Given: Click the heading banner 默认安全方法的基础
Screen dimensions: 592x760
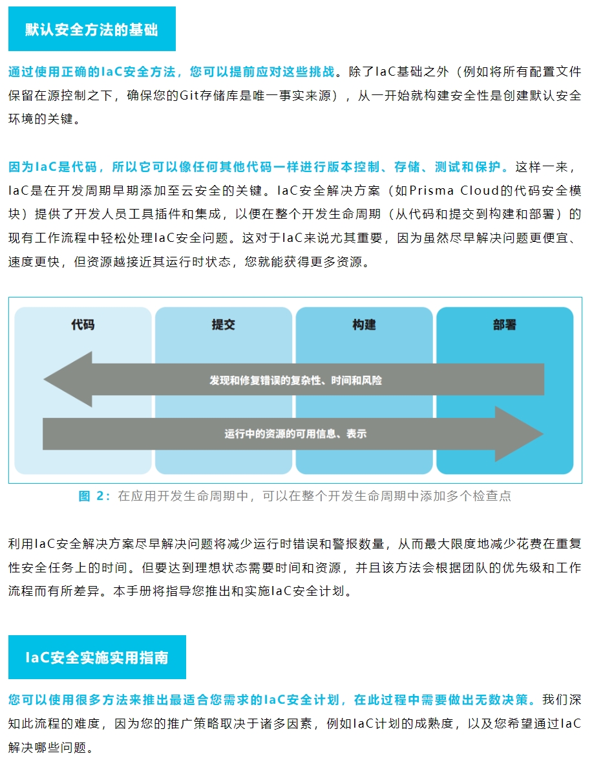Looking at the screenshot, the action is [x=92, y=29].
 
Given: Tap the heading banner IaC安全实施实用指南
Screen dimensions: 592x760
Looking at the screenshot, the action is [x=97, y=657].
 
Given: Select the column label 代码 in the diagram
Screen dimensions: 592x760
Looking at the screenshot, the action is [x=83, y=325].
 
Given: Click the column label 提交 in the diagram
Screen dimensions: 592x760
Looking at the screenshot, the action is [x=224, y=325].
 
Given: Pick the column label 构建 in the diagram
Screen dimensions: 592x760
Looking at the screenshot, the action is [x=364, y=325].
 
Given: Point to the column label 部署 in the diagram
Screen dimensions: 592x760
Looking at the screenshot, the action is [x=504, y=325].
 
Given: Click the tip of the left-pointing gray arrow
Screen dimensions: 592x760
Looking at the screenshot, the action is [x=44, y=380].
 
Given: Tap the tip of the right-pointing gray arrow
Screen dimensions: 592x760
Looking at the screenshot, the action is [x=544, y=434].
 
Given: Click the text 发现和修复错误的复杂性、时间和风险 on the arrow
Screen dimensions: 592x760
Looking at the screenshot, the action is [x=295, y=380].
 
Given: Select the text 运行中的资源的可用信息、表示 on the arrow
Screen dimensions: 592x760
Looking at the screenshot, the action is [x=295, y=434].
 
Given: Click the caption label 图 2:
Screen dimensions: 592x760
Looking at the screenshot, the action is [x=94, y=496].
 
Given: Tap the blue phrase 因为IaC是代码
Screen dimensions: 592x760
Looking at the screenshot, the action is [x=53, y=167].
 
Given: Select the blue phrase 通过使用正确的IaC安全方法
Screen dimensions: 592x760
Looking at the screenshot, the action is [x=92, y=72].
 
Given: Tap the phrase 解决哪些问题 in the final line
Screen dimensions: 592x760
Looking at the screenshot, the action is [x=47, y=748].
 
